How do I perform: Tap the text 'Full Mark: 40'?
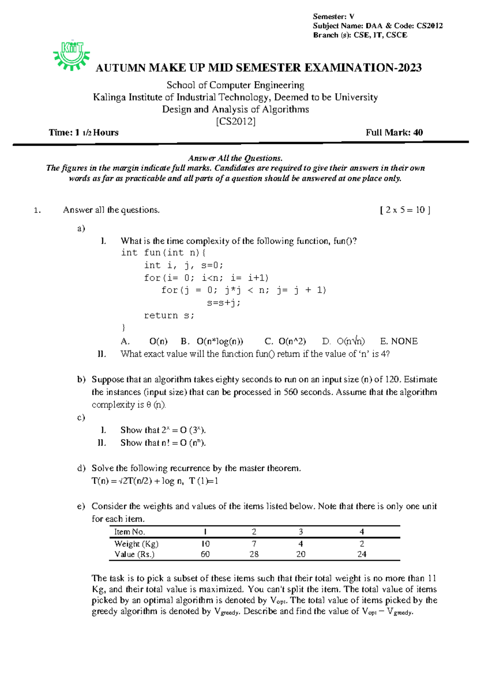[x=394, y=133]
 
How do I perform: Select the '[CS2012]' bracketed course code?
[x=235, y=121]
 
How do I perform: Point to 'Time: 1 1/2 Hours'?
[x=83, y=133]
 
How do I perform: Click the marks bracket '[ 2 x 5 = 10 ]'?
[x=405, y=210]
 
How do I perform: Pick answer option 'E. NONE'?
[x=399, y=341]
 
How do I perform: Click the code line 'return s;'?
[x=169, y=316]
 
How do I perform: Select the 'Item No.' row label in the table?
[x=130, y=532]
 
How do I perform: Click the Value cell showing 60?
[x=205, y=554]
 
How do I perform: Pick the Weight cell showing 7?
[x=254, y=543]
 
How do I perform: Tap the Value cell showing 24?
[x=361, y=554]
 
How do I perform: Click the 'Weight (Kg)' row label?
[x=136, y=543]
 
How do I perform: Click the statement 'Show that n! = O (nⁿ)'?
[x=163, y=443]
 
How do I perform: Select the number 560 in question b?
[x=291, y=392]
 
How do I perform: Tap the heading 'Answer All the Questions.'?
[x=235, y=158]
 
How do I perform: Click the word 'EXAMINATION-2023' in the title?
[x=363, y=68]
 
